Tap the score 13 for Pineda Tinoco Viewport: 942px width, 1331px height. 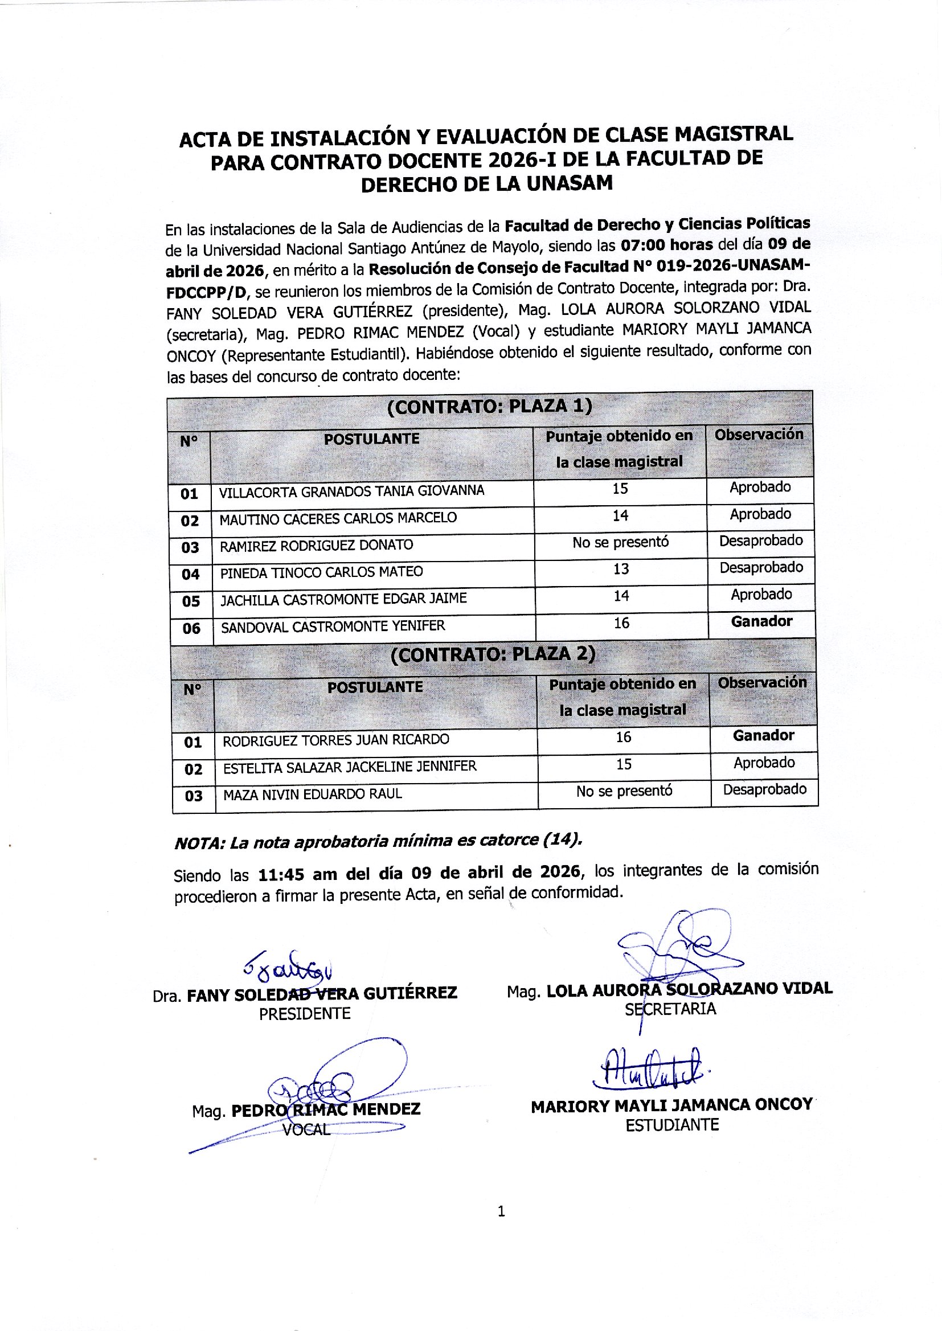621,569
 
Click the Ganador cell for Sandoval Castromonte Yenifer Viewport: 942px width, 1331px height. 761,622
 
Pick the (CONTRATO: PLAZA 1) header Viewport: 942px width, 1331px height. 490,407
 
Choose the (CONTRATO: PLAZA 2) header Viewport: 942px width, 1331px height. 493,655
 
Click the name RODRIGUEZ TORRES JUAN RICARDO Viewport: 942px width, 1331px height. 336,740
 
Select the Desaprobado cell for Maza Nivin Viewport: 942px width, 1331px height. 764,789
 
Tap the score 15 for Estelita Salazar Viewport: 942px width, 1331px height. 624,764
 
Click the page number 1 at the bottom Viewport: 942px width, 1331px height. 501,1211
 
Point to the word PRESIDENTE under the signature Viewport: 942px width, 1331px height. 305,1014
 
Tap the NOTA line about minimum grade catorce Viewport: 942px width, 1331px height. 378,842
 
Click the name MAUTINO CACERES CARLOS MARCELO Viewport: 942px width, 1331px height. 338,518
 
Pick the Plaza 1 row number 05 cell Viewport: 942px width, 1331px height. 191,601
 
